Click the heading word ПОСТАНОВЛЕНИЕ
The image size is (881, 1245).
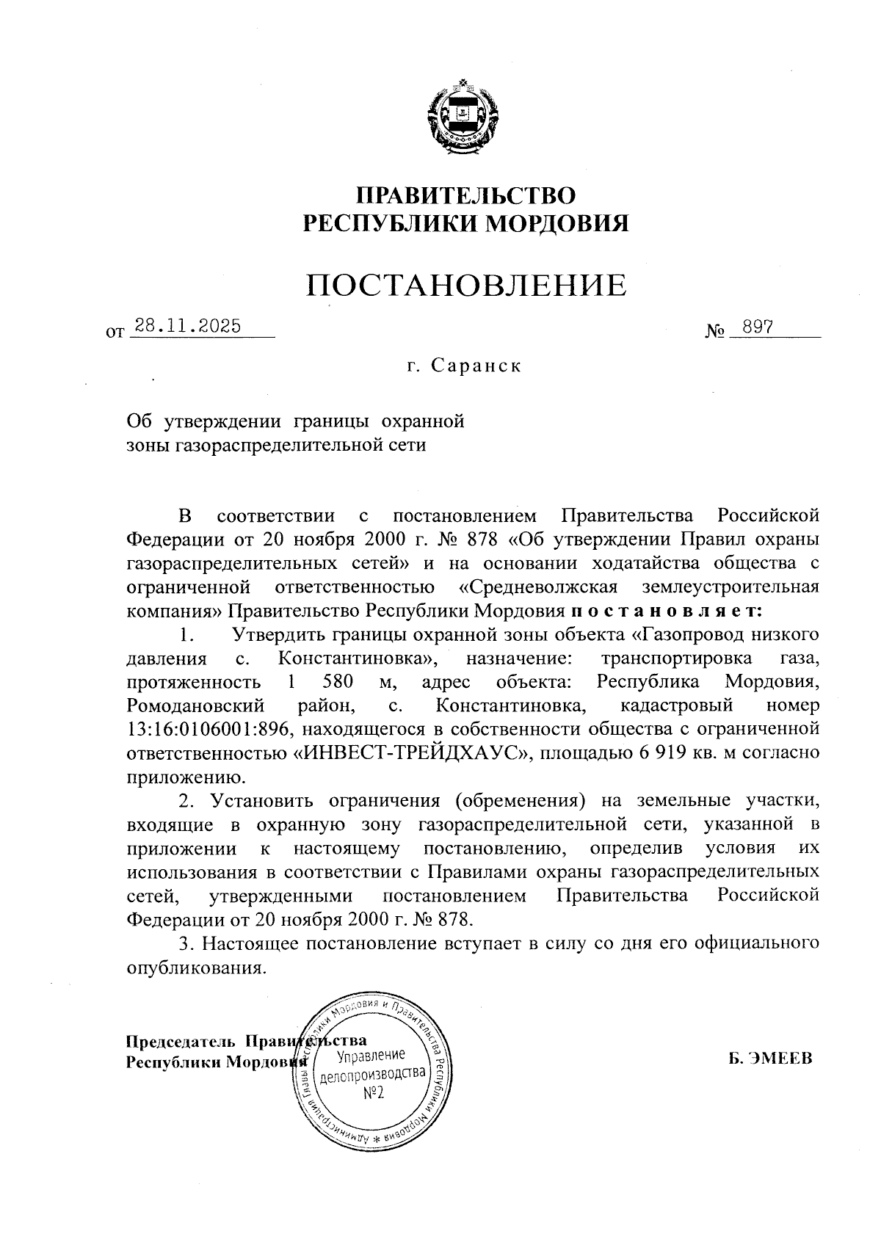pos(466,286)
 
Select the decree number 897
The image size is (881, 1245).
pos(757,327)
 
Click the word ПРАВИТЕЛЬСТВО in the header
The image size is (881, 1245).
pos(466,195)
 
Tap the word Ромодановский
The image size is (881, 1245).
pos(195,705)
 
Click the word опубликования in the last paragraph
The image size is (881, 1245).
pos(195,968)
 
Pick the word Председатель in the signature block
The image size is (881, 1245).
pos(181,1041)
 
